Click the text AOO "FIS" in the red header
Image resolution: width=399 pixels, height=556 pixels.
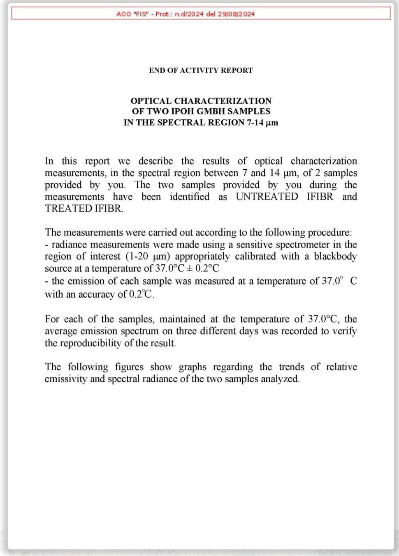pos(132,14)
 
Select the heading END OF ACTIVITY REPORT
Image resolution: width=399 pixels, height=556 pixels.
pos(201,70)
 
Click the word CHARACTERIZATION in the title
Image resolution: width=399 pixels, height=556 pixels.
pos(223,101)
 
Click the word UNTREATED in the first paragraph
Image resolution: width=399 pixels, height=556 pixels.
pos(267,196)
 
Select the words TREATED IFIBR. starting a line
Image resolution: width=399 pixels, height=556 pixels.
pos(84,208)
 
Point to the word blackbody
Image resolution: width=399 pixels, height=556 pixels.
pos(335,257)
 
